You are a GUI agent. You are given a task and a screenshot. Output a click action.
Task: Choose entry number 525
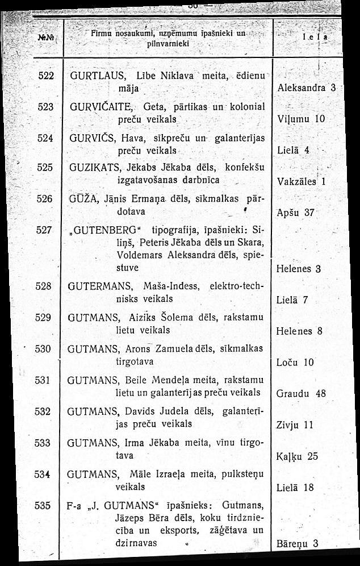(x=44, y=168)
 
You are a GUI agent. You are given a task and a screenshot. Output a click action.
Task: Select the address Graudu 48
(x=301, y=393)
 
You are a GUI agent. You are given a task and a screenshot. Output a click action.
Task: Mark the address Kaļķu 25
(x=296, y=456)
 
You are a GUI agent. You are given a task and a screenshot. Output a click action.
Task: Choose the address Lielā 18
(x=295, y=487)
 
